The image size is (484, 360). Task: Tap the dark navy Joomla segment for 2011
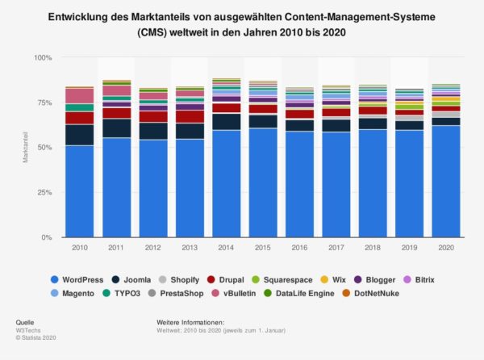[117, 128]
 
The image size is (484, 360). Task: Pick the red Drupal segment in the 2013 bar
[191, 116]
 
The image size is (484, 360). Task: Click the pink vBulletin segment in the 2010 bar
[80, 96]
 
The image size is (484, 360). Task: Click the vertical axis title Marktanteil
[26, 147]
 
